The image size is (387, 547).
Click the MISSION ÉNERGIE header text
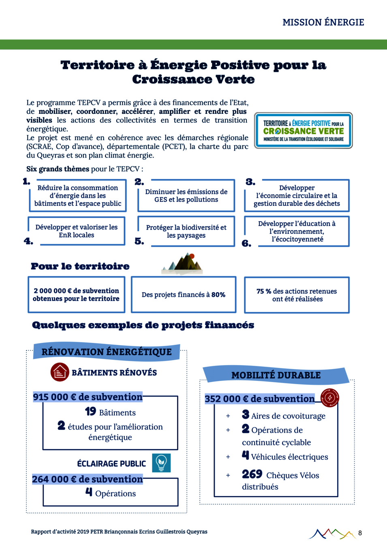tap(323, 22)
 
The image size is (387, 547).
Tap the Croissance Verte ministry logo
tap(304, 130)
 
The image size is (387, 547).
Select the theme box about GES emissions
tap(186, 196)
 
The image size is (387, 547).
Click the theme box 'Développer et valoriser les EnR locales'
tap(77, 231)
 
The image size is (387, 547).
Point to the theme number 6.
tap(246, 243)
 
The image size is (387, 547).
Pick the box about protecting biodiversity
tap(186, 231)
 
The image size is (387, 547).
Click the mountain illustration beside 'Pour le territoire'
tap(183, 264)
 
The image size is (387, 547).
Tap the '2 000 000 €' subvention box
tap(76, 295)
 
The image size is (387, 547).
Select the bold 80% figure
tap(218, 295)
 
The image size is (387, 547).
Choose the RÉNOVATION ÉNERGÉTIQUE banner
tap(107, 352)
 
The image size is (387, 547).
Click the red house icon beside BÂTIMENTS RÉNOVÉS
tap(60, 372)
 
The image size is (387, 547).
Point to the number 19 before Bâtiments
tap(90, 412)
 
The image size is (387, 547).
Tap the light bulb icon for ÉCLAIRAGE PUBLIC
tap(161, 463)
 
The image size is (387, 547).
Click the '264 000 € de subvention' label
tap(88, 479)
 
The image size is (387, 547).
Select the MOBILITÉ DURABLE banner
tap(276, 375)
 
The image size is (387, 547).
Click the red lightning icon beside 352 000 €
tap(329, 397)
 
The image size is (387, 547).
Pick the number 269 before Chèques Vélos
tap(252, 474)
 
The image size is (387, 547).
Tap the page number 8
tap(360, 533)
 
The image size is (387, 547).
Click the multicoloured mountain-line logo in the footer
tap(332, 533)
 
